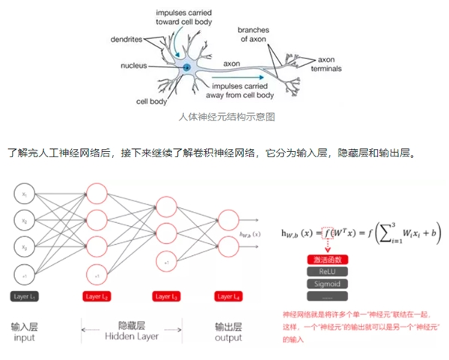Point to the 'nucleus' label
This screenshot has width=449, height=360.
(133, 66)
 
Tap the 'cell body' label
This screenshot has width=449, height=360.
(150, 100)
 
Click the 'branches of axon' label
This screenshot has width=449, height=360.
(253, 34)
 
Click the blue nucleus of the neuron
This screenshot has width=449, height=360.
(186, 68)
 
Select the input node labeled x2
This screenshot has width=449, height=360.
(25, 221)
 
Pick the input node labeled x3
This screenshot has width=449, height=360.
(25, 248)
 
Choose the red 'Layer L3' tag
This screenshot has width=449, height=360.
(167, 297)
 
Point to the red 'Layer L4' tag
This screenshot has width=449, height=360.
(227, 297)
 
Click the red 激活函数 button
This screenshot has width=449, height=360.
(323, 260)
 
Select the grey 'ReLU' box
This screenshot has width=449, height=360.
(323, 272)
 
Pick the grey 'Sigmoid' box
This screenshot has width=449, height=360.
(323, 284)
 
